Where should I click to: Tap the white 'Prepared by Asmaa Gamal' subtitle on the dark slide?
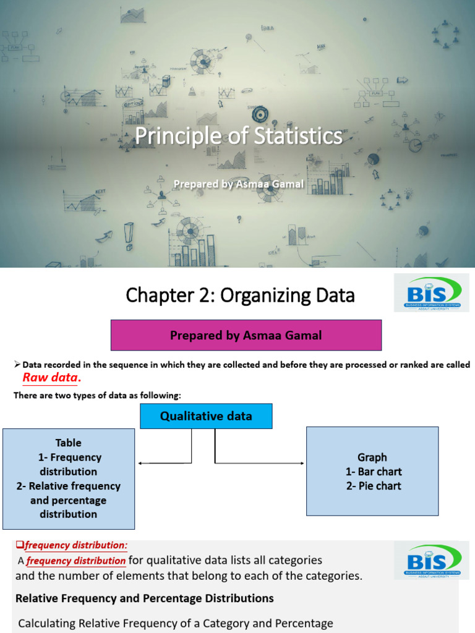click(238, 184)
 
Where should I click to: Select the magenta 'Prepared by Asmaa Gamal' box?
click(246, 336)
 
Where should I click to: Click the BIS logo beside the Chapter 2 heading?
click(431, 294)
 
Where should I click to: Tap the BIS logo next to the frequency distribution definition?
click(431, 561)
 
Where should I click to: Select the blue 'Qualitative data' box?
click(206, 416)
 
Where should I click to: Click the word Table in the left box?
click(68, 443)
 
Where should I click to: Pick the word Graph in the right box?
click(372, 457)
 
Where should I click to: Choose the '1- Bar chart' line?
click(373, 472)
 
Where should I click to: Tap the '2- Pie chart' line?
click(373, 486)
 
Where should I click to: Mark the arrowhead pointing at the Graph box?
click(302, 463)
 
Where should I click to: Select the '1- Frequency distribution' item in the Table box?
click(68, 464)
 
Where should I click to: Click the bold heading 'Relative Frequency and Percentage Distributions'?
click(144, 598)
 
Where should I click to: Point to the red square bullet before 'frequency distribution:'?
click(19, 545)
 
